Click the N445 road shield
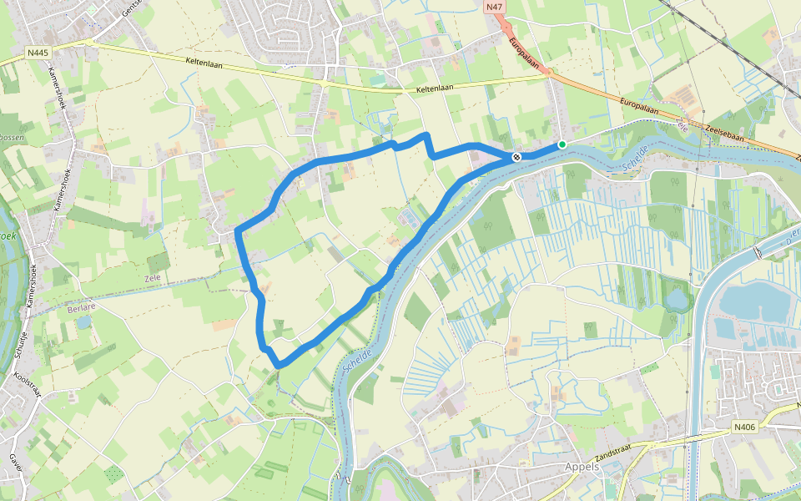click(36, 52)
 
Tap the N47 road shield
click(494, 7)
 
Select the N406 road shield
click(744, 427)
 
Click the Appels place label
click(582, 467)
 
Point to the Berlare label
click(81, 307)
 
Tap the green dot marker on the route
click(562, 144)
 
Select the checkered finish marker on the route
click(517, 156)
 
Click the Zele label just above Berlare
click(151, 278)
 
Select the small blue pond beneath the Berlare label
click(83, 321)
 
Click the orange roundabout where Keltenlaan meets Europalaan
click(549, 73)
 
